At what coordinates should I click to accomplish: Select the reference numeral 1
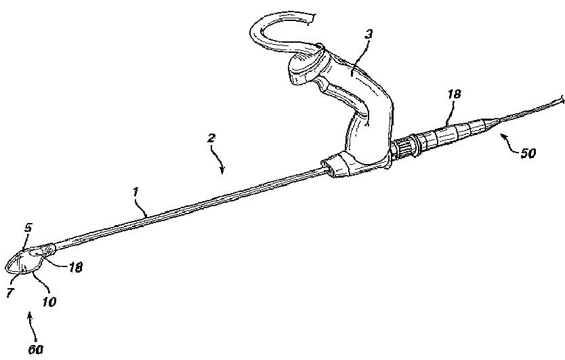pyautogui.click(x=136, y=193)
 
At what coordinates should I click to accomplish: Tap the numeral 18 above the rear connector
pyautogui.click(x=453, y=95)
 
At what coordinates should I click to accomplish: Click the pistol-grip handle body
pyautogui.click(x=366, y=122)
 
